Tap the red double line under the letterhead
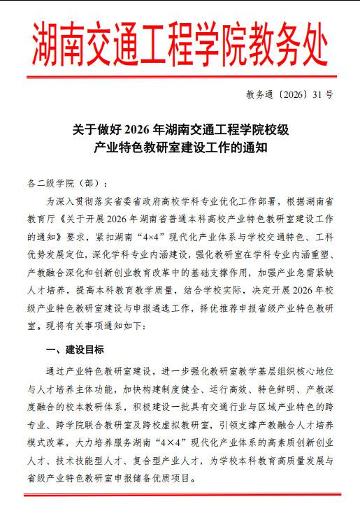click(180, 77)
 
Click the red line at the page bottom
click(180, 495)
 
